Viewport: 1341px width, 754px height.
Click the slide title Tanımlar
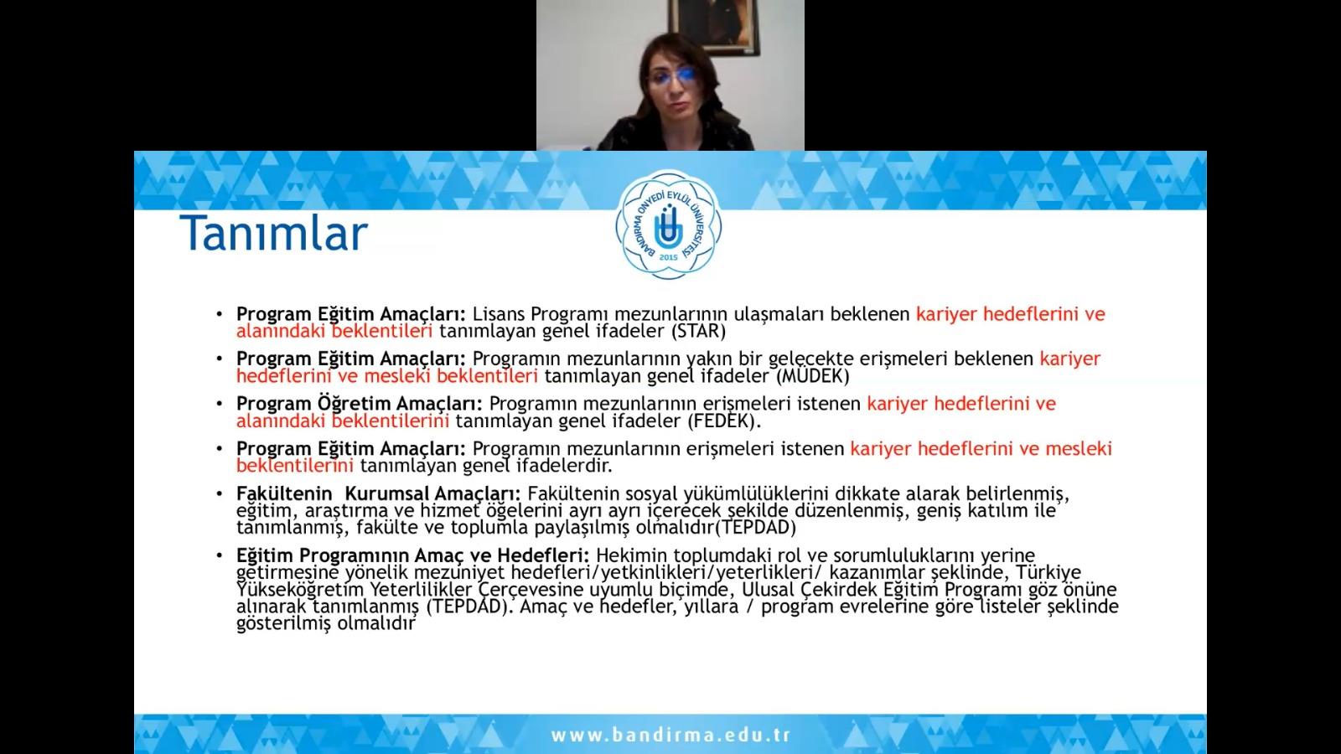pyautogui.click(x=273, y=233)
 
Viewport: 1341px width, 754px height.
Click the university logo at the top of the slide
pyautogui.click(x=668, y=225)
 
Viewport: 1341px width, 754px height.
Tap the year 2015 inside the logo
pyautogui.click(x=668, y=257)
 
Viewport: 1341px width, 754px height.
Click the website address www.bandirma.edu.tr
pyautogui.click(x=670, y=735)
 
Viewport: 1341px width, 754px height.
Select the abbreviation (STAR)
pyautogui.click(x=699, y=331)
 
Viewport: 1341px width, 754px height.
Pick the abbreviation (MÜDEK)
pyautogui.click(x=813, y=376)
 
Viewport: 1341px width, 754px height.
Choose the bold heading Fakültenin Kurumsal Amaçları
pyautogui.click(x=378, y=493)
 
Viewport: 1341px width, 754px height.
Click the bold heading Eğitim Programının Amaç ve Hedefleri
pyautogui.click(x=413, y=555)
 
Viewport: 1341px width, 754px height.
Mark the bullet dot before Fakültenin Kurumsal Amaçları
pyautogui.click(x=220, y=493)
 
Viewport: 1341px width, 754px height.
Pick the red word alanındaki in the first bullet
pyautogui.click(x=281, y=331)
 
